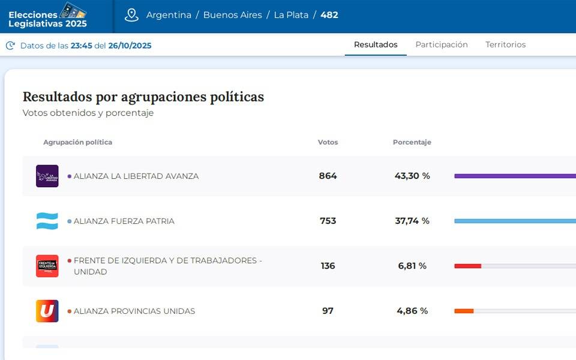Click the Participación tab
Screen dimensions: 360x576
click(x=442, y=44)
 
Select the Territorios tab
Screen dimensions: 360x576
click(x=505, y=44)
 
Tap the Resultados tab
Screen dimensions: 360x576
click(x=376, y=44)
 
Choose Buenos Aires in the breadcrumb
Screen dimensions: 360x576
click(x=232, y=15)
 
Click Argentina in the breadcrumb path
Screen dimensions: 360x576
click(x=169, y=15)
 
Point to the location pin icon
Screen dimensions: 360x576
click(x=131, y=15)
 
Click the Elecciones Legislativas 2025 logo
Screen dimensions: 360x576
click(x=48, y=16)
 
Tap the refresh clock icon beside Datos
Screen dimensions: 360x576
click(x=10, y=46)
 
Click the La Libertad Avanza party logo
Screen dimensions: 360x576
click(x=47, y=176)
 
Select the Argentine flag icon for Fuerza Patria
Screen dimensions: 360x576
click(x=47, y=221)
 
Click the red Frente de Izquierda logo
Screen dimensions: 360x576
click(x=47, y=266)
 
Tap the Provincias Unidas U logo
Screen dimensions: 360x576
click(x=47, y=311)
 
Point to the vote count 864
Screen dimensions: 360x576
click(x=328, y=176)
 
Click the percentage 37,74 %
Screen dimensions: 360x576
click(x=412, y=221)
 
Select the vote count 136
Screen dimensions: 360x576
click(x=328, y=266)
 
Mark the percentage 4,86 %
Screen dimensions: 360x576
click(x=412, y=311)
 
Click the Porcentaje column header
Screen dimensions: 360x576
click(x=412, y=142)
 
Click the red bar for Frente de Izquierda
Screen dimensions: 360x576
click(x=467, y=266)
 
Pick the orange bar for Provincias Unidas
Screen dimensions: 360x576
click(x=464, y=311)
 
